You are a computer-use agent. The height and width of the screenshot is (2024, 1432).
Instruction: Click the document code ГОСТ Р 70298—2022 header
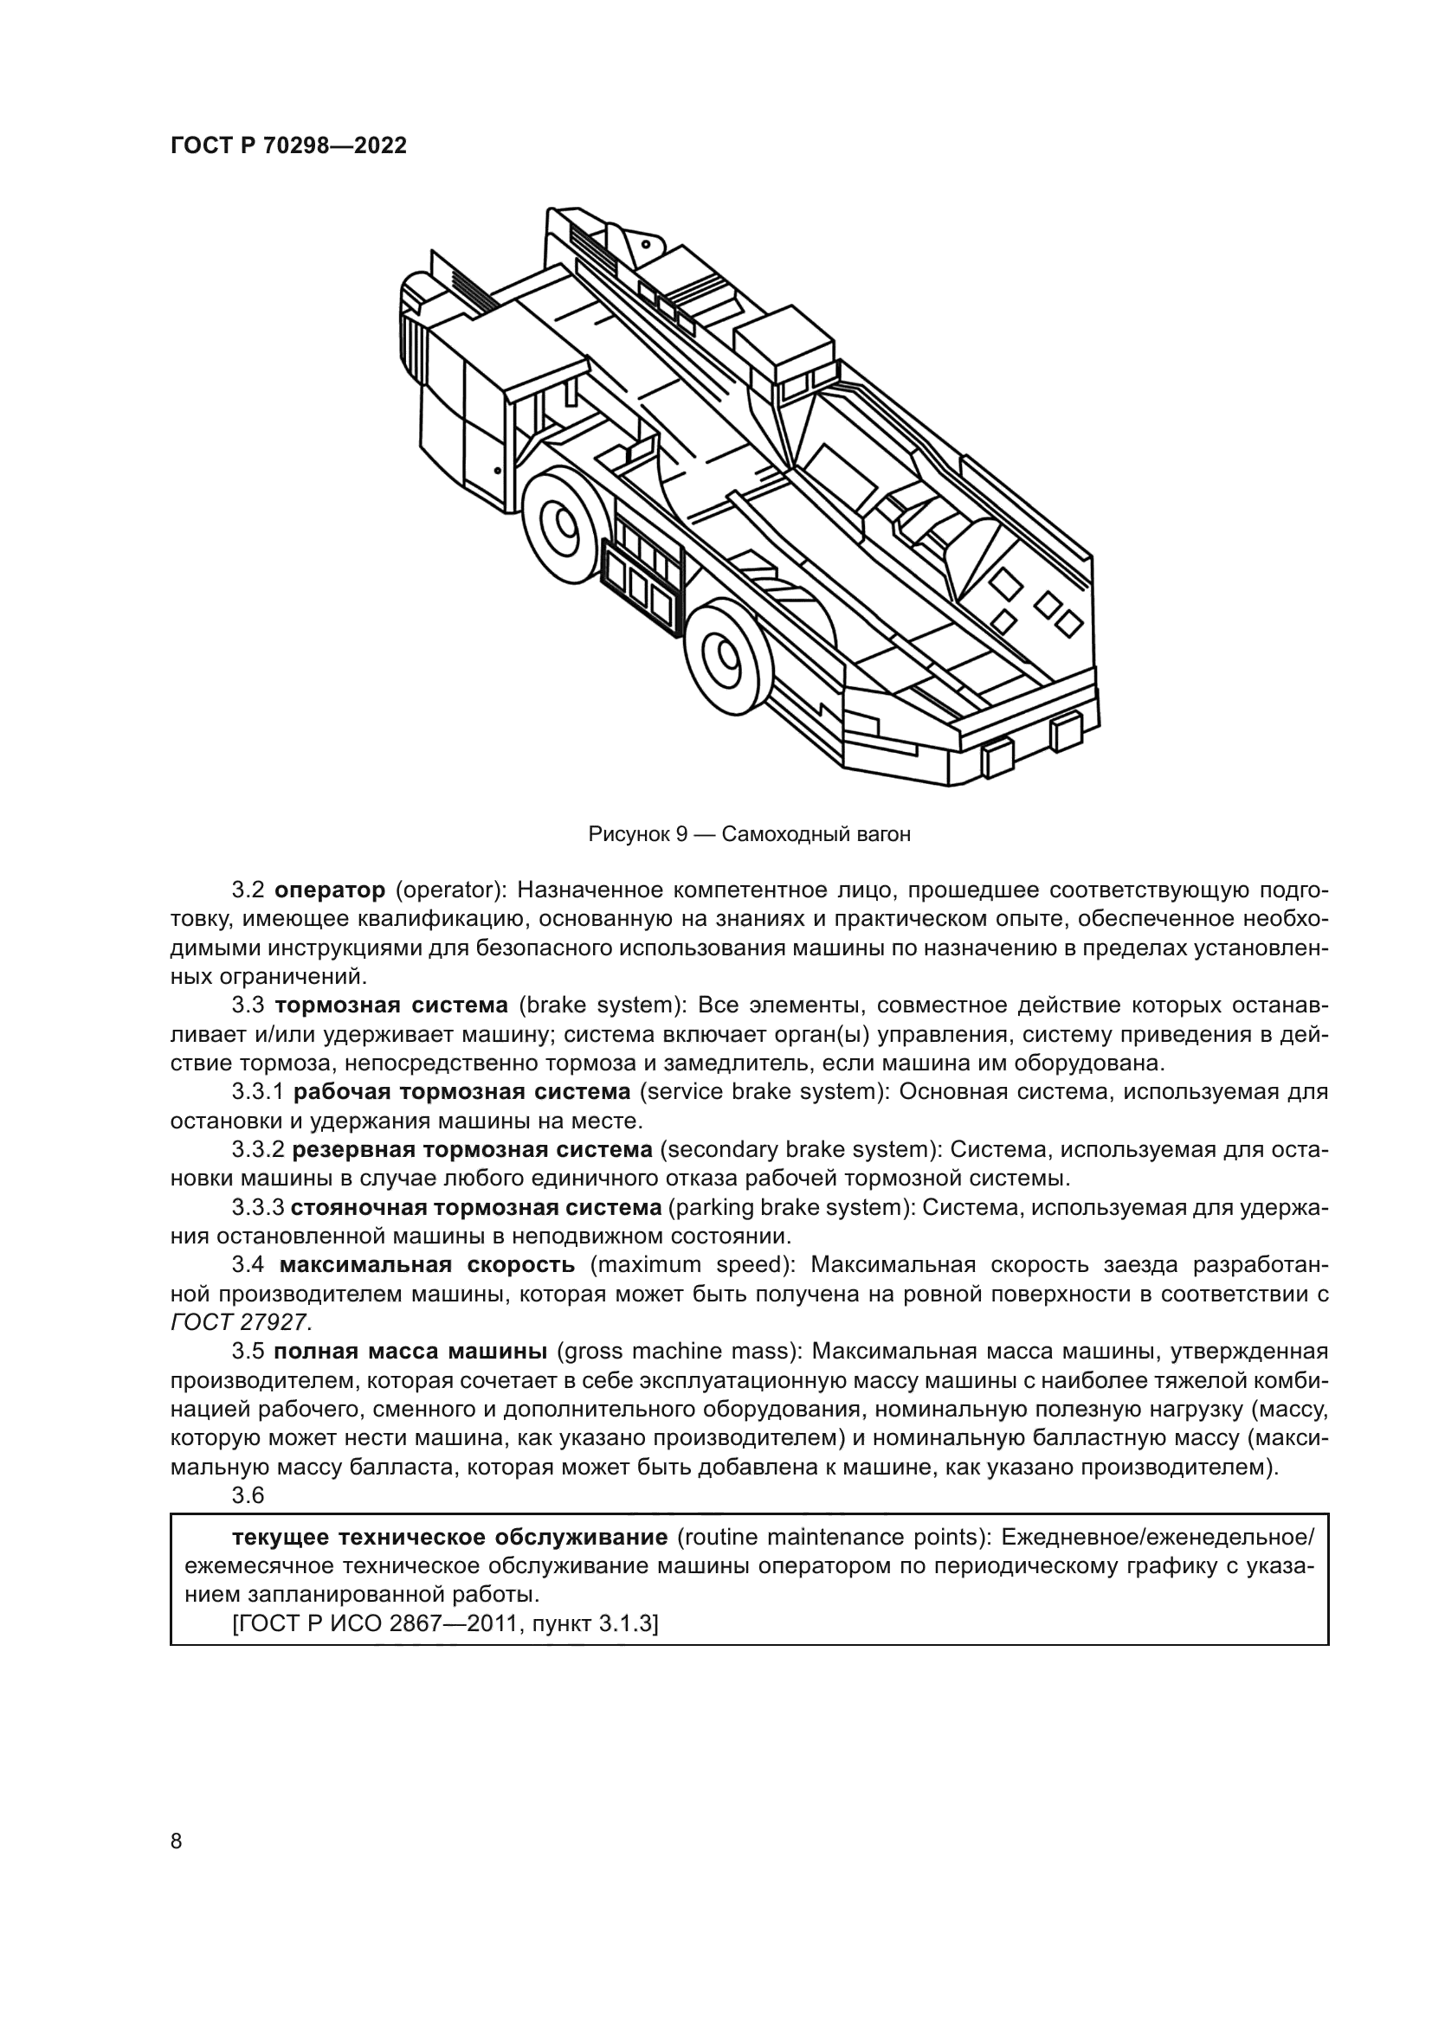click(288, 146)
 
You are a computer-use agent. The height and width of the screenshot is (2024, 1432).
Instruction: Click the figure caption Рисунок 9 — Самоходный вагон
click(749, 834)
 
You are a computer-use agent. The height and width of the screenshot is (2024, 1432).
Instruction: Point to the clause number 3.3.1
click(256, 1092)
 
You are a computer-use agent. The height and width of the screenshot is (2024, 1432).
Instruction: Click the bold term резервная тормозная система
click(472, 1150)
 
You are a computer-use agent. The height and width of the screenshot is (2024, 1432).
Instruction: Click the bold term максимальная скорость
click(427, 1266)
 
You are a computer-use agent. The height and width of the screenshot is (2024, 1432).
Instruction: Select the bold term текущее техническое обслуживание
click(448, 1539)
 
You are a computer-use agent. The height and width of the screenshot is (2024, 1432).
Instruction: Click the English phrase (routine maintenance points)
click(829, 1539)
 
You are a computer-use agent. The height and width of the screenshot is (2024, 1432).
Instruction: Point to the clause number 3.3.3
click(258, 1208)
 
